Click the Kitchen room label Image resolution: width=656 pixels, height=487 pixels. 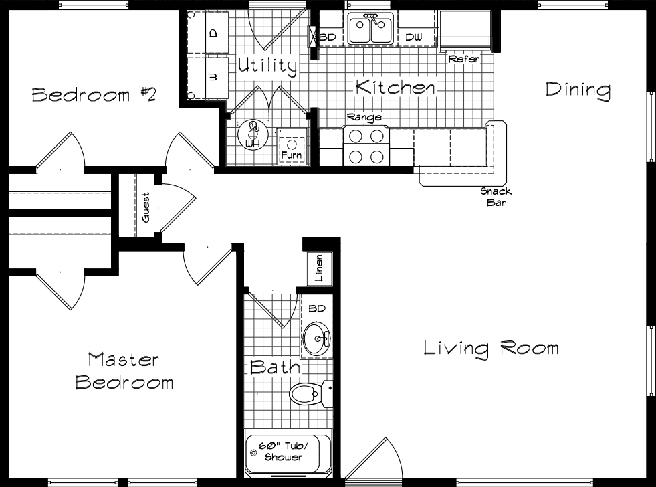(395, 87)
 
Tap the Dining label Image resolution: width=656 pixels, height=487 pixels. (578, 90)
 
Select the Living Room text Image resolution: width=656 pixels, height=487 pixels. (491, 348)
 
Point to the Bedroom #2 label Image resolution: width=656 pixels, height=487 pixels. (94, 94)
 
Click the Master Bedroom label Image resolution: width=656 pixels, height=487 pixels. (124, 371)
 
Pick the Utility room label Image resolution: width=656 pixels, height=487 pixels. (267, 66)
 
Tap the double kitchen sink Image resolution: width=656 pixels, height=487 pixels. (369, 30)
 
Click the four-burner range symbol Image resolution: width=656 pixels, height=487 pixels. (366, 146)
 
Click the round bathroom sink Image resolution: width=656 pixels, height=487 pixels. (316, 339)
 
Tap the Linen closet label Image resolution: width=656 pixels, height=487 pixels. (318, 267)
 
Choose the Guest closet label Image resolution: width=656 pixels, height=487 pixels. (146, 207)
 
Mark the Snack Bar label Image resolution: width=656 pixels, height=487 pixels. (496, 197)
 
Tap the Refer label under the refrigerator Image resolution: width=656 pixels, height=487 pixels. (463, 59)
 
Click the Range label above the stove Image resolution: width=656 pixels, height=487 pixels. (364, 118)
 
